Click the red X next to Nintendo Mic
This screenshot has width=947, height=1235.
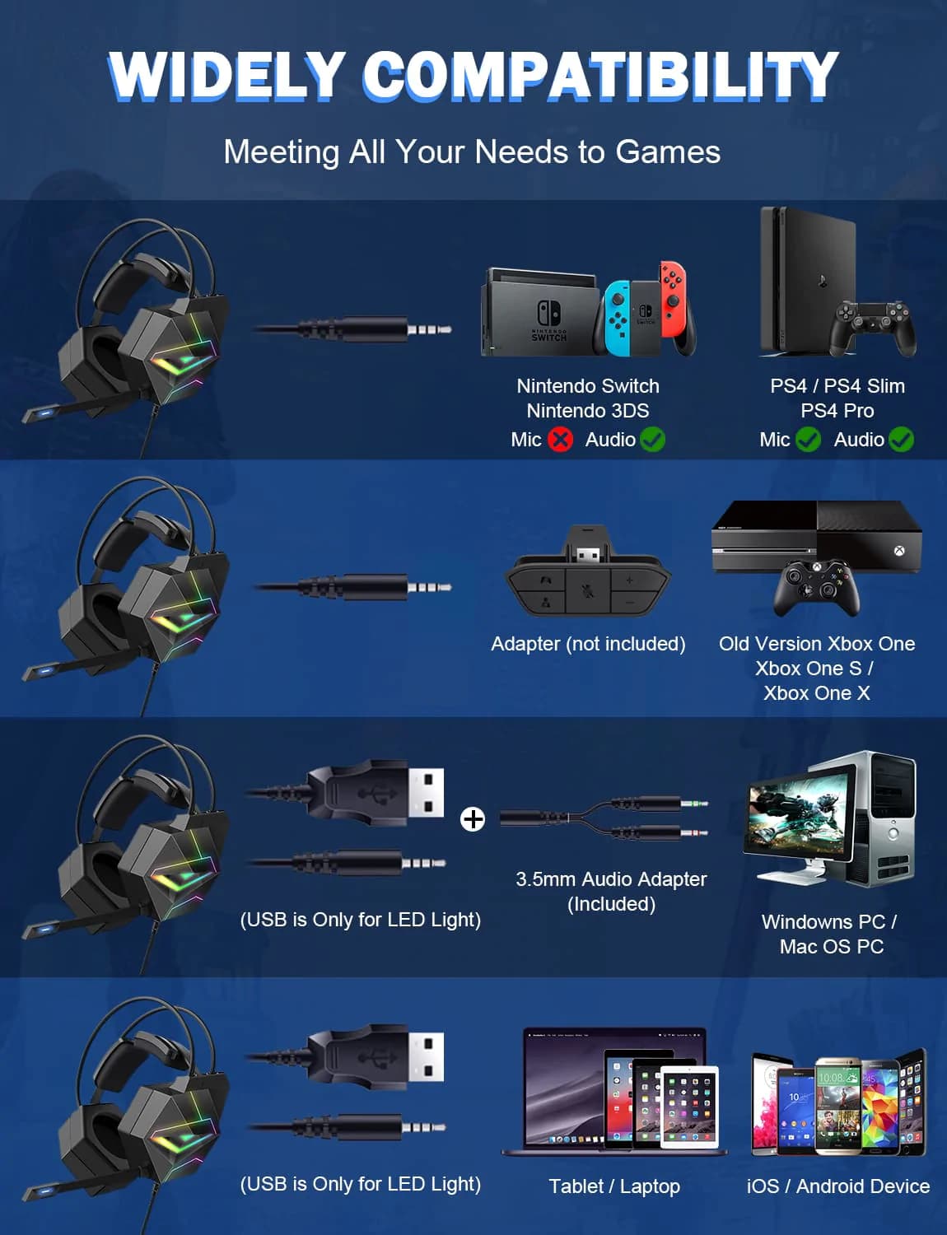pos(561,440)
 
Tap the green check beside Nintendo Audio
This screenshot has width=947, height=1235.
pos(652,440)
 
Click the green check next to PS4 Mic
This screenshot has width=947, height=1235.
pos(808,440)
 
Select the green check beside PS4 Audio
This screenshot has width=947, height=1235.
pos(901,440)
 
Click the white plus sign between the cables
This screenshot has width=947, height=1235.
pos(473,819)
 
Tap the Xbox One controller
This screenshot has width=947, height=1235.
pos(816,588)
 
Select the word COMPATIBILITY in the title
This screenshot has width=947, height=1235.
pos(600,76)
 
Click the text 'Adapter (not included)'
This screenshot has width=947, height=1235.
pos(588,644)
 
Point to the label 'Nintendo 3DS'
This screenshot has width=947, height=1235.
pos(588,411)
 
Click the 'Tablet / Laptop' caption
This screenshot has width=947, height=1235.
pos(614,1186)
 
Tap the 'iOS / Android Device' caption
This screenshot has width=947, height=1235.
pos(838,1186)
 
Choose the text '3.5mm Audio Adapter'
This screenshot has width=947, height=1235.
pos(612,879)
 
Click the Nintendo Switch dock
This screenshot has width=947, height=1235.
pos(539,313)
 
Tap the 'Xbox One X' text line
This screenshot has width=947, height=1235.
pos(816,693)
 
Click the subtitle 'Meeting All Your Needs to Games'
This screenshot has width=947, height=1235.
pos(473,152)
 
